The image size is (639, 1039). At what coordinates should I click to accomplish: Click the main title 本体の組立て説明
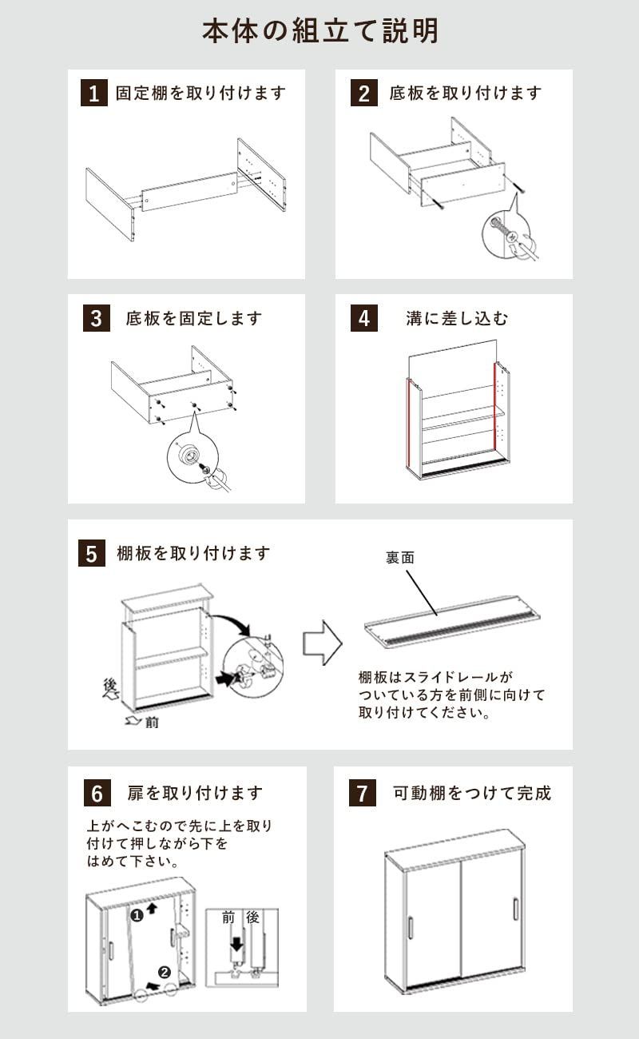[x=319, y=31]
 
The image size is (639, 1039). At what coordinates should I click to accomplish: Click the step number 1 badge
[x=93, y=94]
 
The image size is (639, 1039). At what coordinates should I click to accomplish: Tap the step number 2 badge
[x=363, y=94]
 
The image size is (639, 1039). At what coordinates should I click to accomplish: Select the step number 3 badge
[x=96, y=318]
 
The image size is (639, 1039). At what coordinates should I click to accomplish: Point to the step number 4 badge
[x=363, y=318]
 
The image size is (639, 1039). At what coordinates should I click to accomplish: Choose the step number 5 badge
[x=91, y=553]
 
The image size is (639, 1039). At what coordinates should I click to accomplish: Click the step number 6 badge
[x=96, y=793]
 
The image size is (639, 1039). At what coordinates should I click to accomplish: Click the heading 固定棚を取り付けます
[x=200, y=93]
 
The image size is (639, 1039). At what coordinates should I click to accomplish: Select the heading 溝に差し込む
[x=456, y=318]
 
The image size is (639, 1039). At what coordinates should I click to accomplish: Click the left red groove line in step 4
[x=409, y=424]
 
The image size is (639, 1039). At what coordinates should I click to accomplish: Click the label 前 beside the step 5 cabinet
[x=152, y=723]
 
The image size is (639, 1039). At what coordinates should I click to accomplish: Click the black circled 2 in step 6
[x=164, y=973]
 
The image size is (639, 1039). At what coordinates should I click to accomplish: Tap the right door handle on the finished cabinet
[x=515, y=909]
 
